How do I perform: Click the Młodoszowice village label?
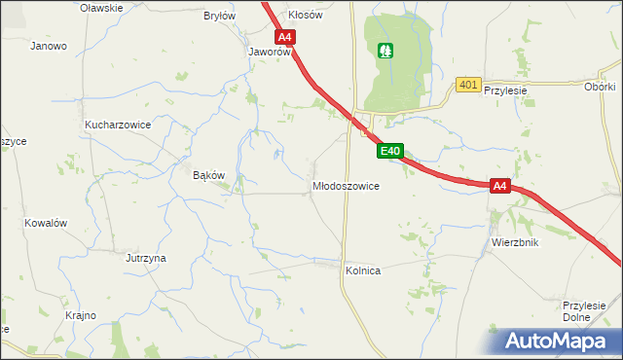tap(346, 185)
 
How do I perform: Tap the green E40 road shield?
tap(389, 151)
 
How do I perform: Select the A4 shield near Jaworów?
tap(284, 38)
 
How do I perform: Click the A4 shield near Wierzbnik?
tap(499, 185)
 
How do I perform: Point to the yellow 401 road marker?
tap(468, 86)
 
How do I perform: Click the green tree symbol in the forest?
tap(385, 50)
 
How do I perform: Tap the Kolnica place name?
tap(362, 271)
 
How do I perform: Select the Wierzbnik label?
tap(515, 242)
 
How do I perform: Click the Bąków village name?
tap(209, 175)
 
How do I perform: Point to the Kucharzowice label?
tap(117, 126)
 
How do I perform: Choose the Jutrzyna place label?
tap(145, 258)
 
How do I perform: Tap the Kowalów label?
tap(46, 223)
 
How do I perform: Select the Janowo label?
tap(48, 46)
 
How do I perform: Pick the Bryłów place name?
tap(219, 17)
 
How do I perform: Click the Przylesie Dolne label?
tap(585, 311)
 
